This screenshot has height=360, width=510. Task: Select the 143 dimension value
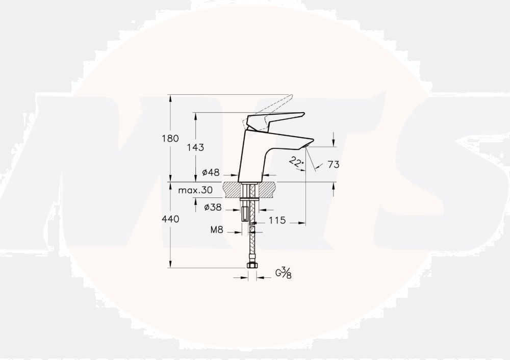click(x=196, y=147)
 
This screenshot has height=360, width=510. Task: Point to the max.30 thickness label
click(x=196, y=191)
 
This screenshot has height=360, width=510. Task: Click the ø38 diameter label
click(x=212, y=208)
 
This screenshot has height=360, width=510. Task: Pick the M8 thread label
click(x=217, y=230)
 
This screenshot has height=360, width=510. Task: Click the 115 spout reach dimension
click(x=276, y=221)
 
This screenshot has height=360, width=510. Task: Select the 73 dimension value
click(x=334, y=164)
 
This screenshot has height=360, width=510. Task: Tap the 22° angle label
click(x=295, y=162)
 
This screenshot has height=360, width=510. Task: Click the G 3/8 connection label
click(x=284, y=274)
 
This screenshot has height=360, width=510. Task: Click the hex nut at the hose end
click(x=251, y=266)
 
